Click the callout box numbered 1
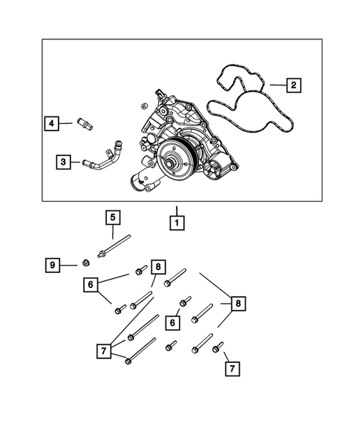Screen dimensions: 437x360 click(177, 221)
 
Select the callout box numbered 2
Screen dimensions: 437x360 click(294, 86)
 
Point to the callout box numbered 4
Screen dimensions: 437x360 click(51, 123)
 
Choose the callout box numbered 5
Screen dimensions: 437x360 click(112, 217)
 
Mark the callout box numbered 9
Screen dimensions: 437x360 click(52, 264)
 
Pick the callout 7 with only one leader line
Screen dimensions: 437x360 click(232, 368)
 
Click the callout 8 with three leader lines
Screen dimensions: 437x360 click(238, 303)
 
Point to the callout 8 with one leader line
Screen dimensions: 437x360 click(157, 266)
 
